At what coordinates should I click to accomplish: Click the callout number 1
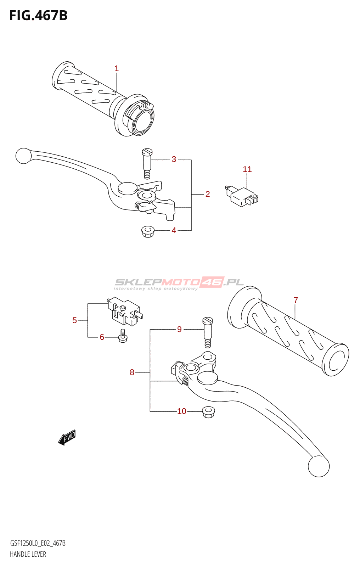(x=117, y=68)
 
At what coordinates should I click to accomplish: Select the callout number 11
(x=247, y=169)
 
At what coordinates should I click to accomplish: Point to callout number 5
(x=74, y=320)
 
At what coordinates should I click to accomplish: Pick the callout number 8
(x=132, y=372)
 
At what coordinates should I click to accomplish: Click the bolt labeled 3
(x=147, y=163)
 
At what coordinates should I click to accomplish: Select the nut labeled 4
(x=148, y=232)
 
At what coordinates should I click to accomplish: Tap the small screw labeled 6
(x=123, y=336)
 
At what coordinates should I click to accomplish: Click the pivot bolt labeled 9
(x=208, y=332)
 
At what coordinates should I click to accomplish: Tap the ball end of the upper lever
(x=23, y=156)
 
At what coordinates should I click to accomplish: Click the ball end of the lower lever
(x=319, y=466)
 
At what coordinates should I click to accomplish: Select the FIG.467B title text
(x=39, y=16)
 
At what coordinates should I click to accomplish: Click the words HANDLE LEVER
(x=28, y=554)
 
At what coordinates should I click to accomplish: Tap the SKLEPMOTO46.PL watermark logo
(x=179, y=283)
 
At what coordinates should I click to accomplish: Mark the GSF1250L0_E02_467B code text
(x=38, y=543)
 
